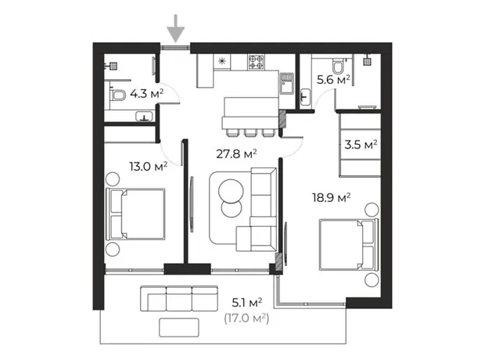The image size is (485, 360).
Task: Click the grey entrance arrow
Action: (176, 28)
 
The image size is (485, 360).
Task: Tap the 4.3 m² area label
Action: (146, 93)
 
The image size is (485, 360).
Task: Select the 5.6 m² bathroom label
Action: (333, 80)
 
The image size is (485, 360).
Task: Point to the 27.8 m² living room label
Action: (236, 153)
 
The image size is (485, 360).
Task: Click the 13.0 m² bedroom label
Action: (148, 167)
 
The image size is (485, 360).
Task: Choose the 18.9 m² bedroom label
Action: (331, 197)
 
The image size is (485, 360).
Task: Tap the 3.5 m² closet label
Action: (361, 145)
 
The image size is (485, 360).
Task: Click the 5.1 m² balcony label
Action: (247, 302)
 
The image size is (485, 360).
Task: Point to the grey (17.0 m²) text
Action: (246, 319)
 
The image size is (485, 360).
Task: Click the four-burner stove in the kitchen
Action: (257, 62)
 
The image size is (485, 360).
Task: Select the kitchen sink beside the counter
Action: (287, 84)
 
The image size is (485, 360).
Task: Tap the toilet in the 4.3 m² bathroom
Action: (118, 95)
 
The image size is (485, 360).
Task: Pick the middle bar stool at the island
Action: (250, 132)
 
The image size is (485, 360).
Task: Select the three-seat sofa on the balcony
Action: (179, 298)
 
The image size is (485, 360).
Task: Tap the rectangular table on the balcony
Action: (179, 327)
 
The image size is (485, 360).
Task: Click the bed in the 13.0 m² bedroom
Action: (135, 214)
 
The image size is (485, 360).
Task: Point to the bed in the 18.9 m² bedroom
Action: (349, 245)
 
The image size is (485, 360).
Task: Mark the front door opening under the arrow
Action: (175, 48)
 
